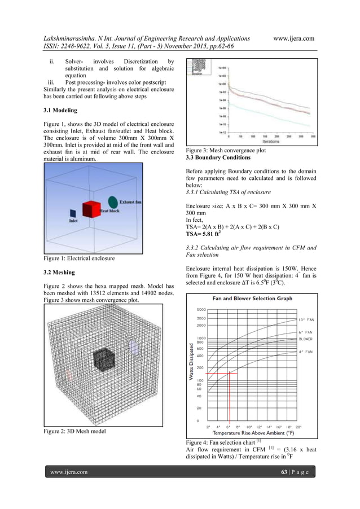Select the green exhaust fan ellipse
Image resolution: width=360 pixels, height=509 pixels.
(x=113, y=202)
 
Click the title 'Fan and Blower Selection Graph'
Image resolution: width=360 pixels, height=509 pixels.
(x=252, y=299)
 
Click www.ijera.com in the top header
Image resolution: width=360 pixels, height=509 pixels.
(x=293, y=38)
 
